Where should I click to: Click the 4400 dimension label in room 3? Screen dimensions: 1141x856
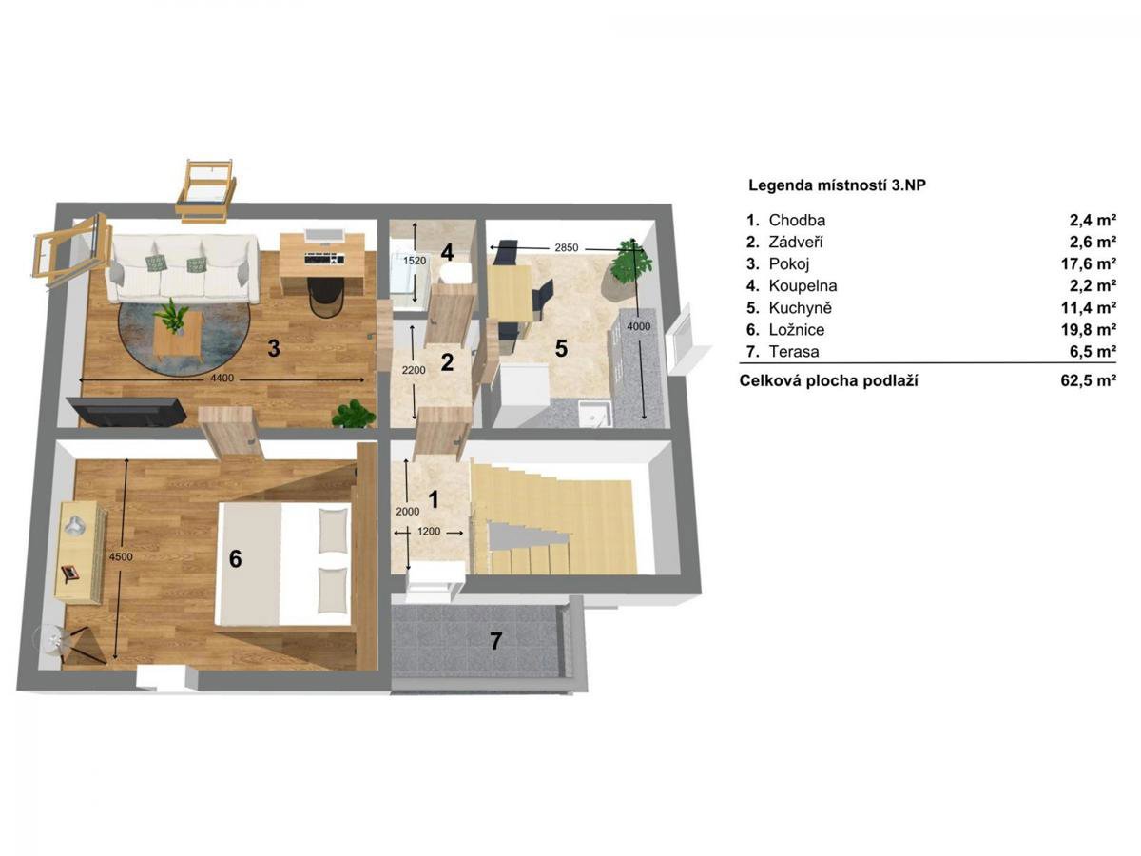pyautogui.click(x=222, y=379)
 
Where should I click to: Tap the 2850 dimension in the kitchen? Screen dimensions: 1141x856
pyautogui.click(x=566, y=248)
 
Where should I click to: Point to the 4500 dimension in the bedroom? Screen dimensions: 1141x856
pyautogui.click(x=121, y=556)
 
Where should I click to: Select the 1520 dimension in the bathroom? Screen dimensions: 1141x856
pyautogui.click(x=415, y=261)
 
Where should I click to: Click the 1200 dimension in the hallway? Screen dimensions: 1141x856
pyautogui.click(x=429, y=531)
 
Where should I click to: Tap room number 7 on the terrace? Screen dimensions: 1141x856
pyautogui.click(x=496, y=641)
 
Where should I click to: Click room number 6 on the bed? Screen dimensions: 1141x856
pyautogui.click(x=236, y=558)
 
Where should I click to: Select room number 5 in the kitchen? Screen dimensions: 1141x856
pyautogui.click(x=561, y=348)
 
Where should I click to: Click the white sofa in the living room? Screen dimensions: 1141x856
pyautogui.click(x=182, y=269)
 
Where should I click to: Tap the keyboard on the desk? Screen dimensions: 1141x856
pyautogui.click(x=325, y=257)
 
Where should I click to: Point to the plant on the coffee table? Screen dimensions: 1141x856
pyautogui.click(x=171, y=316)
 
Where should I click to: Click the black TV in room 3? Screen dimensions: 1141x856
pyautogui.click(x=129, y=412)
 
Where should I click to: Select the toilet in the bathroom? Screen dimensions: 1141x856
pyautogui.click(x=455, y=272)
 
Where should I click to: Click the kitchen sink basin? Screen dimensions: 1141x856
pyautogui.click(x=595, y=414)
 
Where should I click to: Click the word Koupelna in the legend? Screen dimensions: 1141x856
pyautogui.click(x=803, y=285)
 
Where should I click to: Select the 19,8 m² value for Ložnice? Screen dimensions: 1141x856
pyautogui.click(x=1089, y=329)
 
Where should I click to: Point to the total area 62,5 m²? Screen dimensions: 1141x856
pyautogui.click(x=1089, y=381)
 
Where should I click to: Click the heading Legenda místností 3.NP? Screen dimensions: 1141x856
pyautogui.click(x=837, y=185)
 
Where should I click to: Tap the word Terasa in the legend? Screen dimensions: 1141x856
pyautogui.click(x=794, y=352)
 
